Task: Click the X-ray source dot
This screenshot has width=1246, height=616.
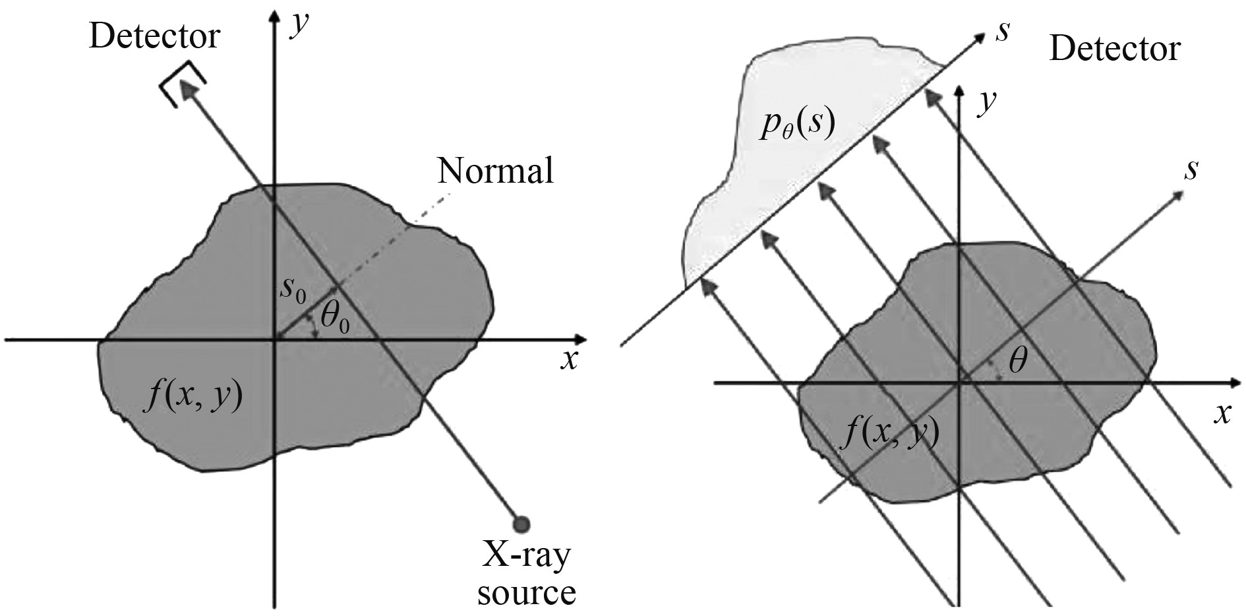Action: coord(521,524)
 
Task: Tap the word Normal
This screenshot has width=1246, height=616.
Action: coord(496,171)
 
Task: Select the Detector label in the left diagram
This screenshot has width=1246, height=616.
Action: coord(154,36)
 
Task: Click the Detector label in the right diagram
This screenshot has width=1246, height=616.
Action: coord(1115,49)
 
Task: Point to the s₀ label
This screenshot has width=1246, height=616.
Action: coord(293,290)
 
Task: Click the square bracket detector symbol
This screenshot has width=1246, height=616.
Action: coord(182,84)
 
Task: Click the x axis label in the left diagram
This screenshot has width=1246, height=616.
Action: coord(568,360)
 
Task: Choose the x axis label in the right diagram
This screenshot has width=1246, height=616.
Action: coord(1223,414)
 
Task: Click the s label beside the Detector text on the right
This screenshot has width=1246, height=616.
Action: coord(1003,32)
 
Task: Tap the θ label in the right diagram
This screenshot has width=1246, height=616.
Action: coord(1018,361)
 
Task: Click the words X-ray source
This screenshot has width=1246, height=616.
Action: coord(526,574)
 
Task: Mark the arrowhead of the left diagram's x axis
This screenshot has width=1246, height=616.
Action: coord(580,340)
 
